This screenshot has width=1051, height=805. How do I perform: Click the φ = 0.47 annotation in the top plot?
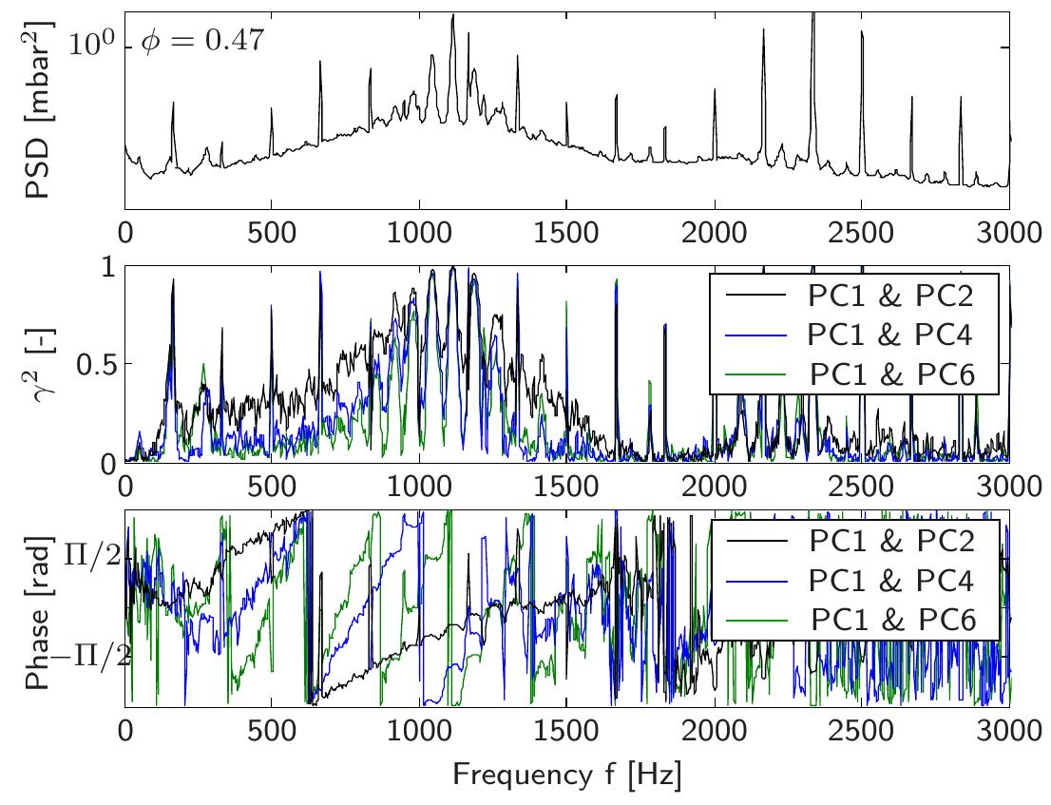200,43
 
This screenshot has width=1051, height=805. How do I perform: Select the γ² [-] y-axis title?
40,366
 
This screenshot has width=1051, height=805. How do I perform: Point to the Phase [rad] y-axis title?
40,609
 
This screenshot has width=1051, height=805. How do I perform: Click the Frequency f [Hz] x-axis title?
566,775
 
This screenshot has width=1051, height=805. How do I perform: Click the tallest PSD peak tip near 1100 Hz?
453,15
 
